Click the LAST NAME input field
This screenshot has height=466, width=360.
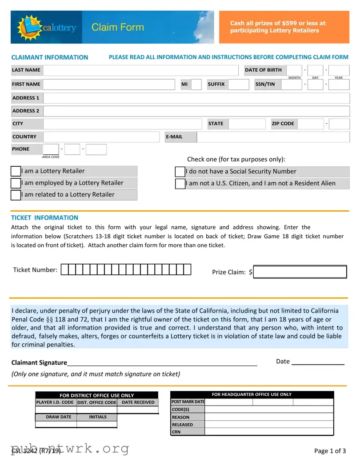(141, 70)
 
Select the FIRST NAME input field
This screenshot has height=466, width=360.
(109, 84)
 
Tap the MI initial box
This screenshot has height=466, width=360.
(196, 84)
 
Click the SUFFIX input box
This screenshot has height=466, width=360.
(239, 84)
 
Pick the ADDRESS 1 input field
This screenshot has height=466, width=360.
(196, 98)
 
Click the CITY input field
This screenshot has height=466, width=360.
(122, 124)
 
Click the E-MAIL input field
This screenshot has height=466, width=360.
(272, 137)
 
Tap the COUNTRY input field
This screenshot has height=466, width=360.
(101, 137)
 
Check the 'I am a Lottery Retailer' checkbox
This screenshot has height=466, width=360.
(16, 171)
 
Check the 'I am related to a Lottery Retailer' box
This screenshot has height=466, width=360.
(16, 195)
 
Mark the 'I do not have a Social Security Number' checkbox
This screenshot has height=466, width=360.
(180, 172)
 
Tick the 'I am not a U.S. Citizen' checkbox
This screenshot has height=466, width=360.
(180, 184)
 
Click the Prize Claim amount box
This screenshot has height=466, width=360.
(300, 272)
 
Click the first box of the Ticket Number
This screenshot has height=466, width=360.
(65, 269)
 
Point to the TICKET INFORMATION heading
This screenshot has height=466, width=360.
(44, 218)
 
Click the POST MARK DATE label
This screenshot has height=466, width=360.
(188, 402)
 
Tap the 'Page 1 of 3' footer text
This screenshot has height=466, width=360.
(330, 451)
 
